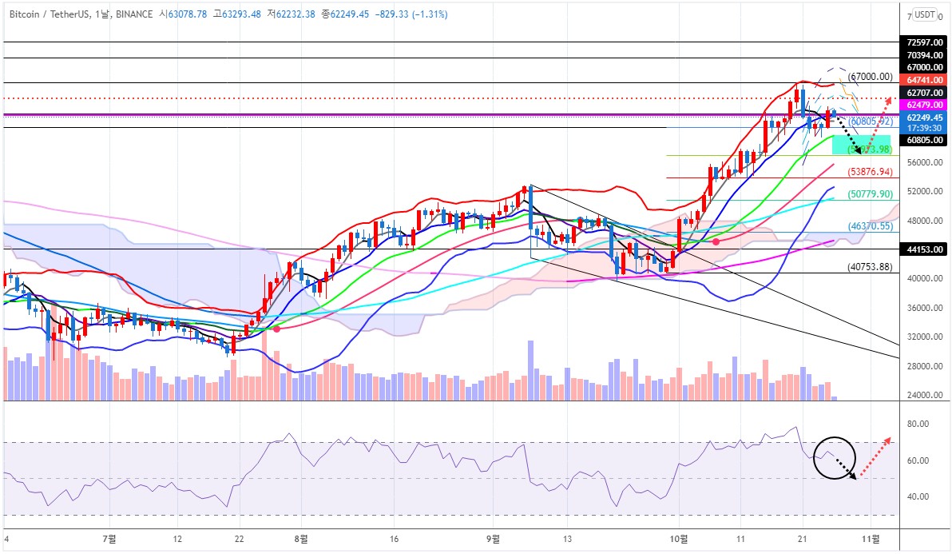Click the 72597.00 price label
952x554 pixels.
click(x=921, y=42)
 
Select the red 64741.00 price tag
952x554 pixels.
click(x=921, y=80)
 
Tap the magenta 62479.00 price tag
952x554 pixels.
click(x=921, y=105)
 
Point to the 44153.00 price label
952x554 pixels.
click(x=921, y=249)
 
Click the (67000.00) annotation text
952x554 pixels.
click(x=870, y=77)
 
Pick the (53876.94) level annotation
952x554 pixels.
click(x=870, y=172)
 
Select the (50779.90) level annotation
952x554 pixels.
click(x=870, y=194)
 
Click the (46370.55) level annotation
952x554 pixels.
click(x=870, y=227)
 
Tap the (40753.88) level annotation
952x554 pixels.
click(x=870, y=267)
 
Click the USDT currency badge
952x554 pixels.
click(x=925, y=14)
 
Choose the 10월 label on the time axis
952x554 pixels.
click(x=679, y=539)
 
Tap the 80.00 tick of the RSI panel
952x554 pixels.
click(x=918, y=424)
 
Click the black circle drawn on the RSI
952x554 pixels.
click(x=835, y=458)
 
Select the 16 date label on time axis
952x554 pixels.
click(x=394, y=539)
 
